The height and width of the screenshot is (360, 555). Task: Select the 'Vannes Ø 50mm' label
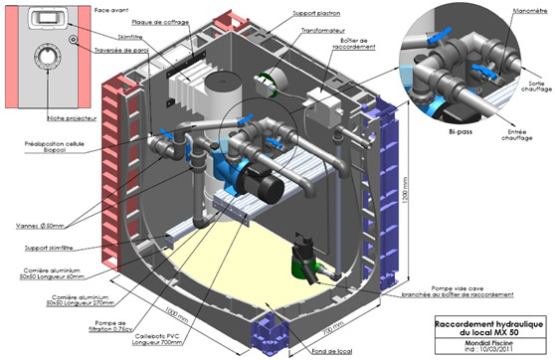[42, 225]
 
